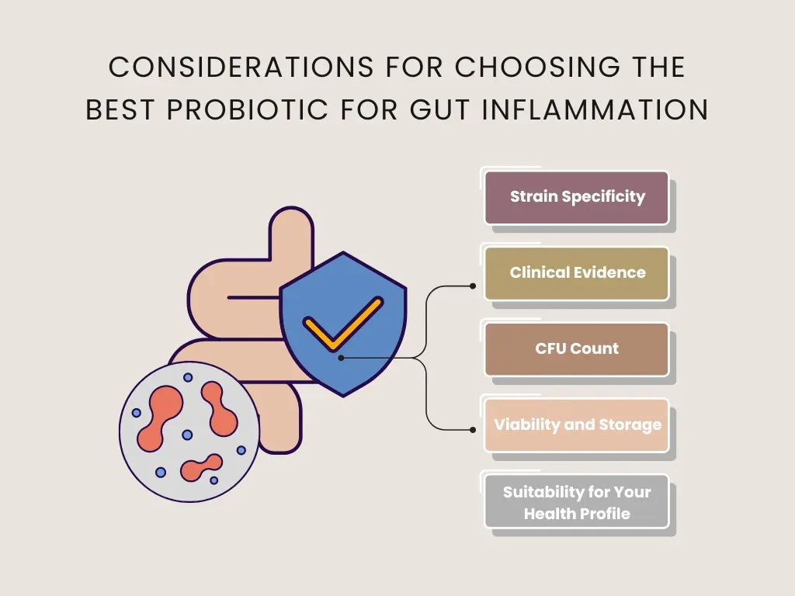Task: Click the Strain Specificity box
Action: [x=577, y=197]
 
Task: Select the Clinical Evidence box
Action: [x=577, y=273]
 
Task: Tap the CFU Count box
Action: [x=577, y=349]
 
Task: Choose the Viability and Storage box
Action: [x=577, y=425]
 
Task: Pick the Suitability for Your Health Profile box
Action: [x=577, y=502]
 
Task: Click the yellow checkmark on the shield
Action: [x=342, y=321]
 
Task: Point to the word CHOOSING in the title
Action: [x=538, y=68]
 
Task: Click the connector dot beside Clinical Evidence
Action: [x=473, y=286]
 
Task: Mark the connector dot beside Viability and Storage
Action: [x=473, y=429]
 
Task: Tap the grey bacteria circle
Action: [x=189, y=431]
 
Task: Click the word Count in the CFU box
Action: [x=595, y=349]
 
